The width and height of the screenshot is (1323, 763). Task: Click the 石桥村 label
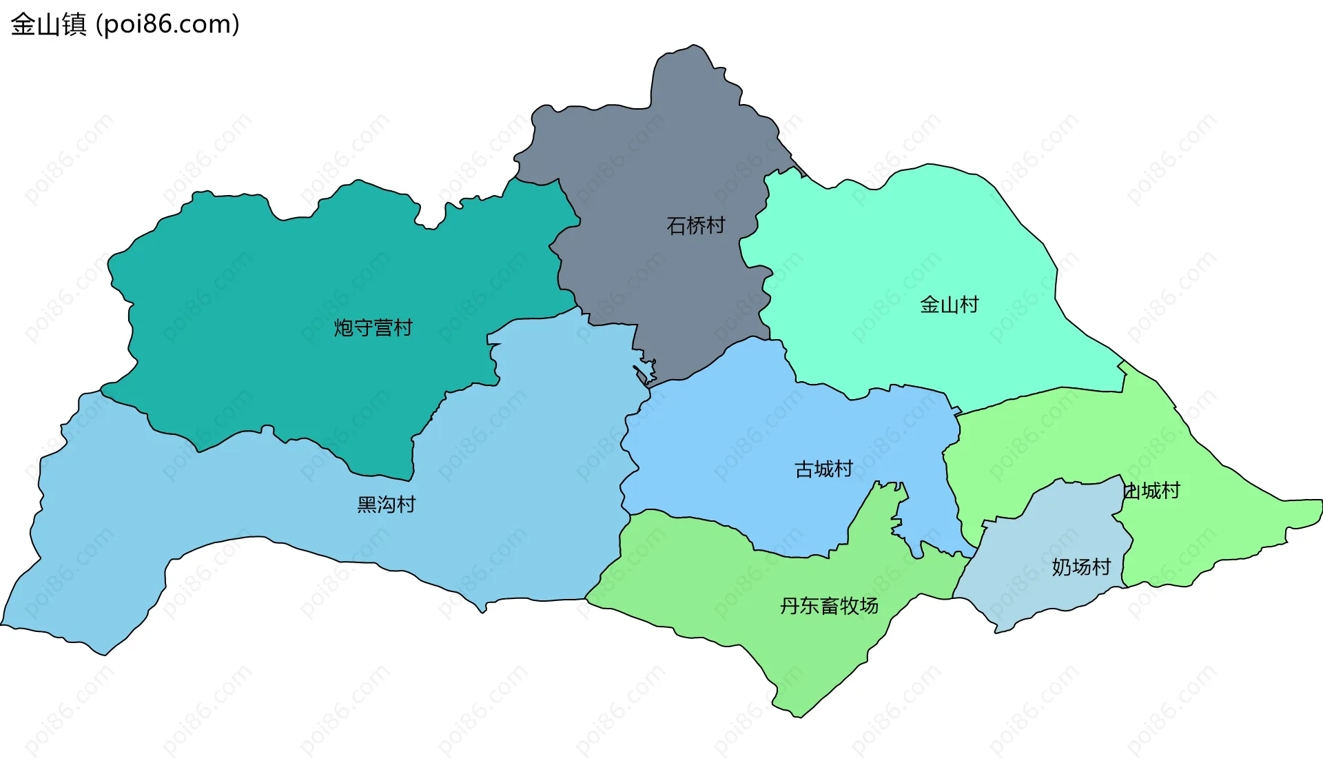tap(695, 225)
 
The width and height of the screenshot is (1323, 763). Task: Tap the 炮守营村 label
tap(373, 327)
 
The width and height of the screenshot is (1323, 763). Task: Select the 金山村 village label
tap(949, 305)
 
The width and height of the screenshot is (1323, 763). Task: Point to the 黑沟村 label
tap(386, 505)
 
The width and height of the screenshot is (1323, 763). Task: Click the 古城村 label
tap(823, 469)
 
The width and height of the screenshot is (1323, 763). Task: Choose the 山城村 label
tap(1151, 491)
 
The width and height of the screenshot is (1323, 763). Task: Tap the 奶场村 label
tap(1081, 567)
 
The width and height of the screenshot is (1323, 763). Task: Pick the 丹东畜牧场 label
tap(829, 606)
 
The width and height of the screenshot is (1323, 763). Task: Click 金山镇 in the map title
tap(48, 25)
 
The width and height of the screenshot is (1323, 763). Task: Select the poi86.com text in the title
tap(167, 25)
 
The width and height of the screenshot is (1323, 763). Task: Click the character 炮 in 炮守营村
tap(344, 327)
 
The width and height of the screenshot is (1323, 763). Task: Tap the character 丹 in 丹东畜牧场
tap(790, 606)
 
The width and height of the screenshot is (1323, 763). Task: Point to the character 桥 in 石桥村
tap(696, 225)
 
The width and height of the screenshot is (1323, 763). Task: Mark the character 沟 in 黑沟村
tap(387, 505)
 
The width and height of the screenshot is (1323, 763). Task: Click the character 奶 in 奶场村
tap(1062, 567)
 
